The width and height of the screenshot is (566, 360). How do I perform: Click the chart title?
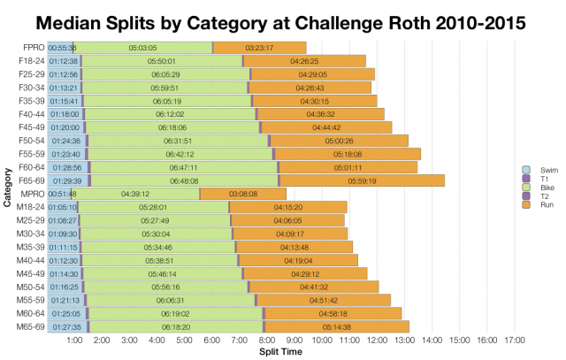(283, 19)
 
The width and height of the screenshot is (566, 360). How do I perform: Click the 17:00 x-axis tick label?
(514, 340)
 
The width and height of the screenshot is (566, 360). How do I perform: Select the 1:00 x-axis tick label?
(75, 340)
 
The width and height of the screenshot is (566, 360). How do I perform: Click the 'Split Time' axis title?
(281, 351)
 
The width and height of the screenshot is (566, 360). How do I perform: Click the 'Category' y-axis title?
(7, 189)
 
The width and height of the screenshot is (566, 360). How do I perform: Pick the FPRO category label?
(30, 47)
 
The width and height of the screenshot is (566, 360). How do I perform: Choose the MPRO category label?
(30, 194)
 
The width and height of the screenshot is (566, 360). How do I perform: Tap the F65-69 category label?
(30, 180)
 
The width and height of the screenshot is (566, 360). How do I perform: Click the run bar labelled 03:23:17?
(260, 47)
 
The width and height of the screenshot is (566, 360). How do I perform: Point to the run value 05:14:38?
(337, 326)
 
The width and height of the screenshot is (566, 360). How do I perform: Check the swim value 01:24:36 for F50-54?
(66, 141)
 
